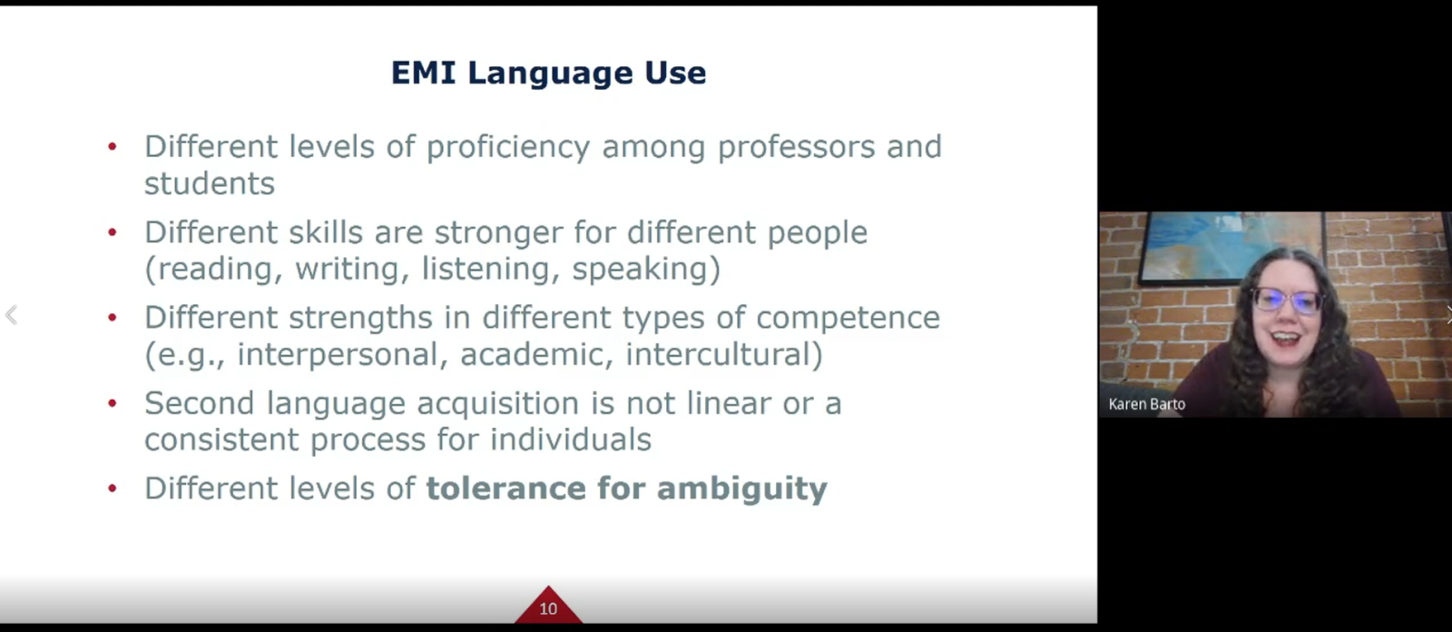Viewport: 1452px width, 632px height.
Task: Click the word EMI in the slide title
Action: pos(423,72)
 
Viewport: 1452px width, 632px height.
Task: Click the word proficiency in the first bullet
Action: pos(508,147)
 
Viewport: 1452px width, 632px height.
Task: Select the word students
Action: pos(210,183)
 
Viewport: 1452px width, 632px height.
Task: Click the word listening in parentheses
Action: pos(491,269)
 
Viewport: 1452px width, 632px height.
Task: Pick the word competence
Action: pos(848,319)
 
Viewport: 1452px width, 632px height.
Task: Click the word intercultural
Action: pos(724,354)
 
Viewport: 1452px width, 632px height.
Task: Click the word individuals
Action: pos(571,439)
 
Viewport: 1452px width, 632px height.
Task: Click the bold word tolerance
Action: pos(505,488)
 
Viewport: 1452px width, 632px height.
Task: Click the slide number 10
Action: pos(548,608)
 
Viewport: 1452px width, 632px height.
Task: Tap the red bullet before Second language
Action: pos(113,402)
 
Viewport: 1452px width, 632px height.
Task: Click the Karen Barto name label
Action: pos(1147,404)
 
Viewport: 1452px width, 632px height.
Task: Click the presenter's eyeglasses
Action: pos(1287,300)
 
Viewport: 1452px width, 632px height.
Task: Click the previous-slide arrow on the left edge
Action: pos(11,315)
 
